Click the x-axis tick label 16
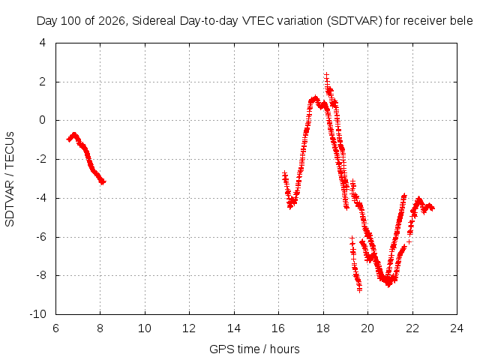tap(278, 328)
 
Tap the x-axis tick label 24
tap(457, 328)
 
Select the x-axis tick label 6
tap(55, 328)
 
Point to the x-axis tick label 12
tap(189, 328)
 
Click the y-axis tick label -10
tap(38, 314)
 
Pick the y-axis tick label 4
tap(43, 43)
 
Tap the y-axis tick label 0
tap(43, 120)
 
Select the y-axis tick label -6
tap(40, 237)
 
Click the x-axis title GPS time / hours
tap(254, 349)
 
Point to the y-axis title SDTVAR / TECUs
tap(10, 179)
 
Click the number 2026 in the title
tap(112, 21)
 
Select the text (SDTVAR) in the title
tap(355, 21)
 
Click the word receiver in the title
tap(416, 21)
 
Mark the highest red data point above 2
tap(327, 75)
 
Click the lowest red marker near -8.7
tap(359, 289)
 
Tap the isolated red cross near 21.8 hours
tap(409, 242)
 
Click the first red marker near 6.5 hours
tap(68, 139)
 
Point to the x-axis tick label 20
tap(367, 328)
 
